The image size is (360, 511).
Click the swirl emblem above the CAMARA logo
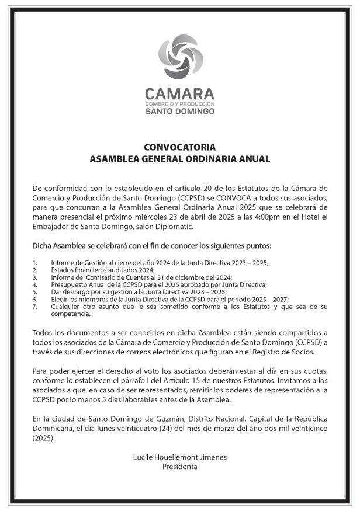179,57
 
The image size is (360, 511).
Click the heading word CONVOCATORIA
179,147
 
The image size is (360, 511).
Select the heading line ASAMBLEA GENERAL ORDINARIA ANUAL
179,158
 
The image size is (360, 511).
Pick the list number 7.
35,307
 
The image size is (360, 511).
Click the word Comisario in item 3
95,277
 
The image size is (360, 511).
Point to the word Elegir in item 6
59,299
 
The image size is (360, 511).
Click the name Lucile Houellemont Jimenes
179,458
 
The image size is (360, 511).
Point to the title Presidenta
179,467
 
